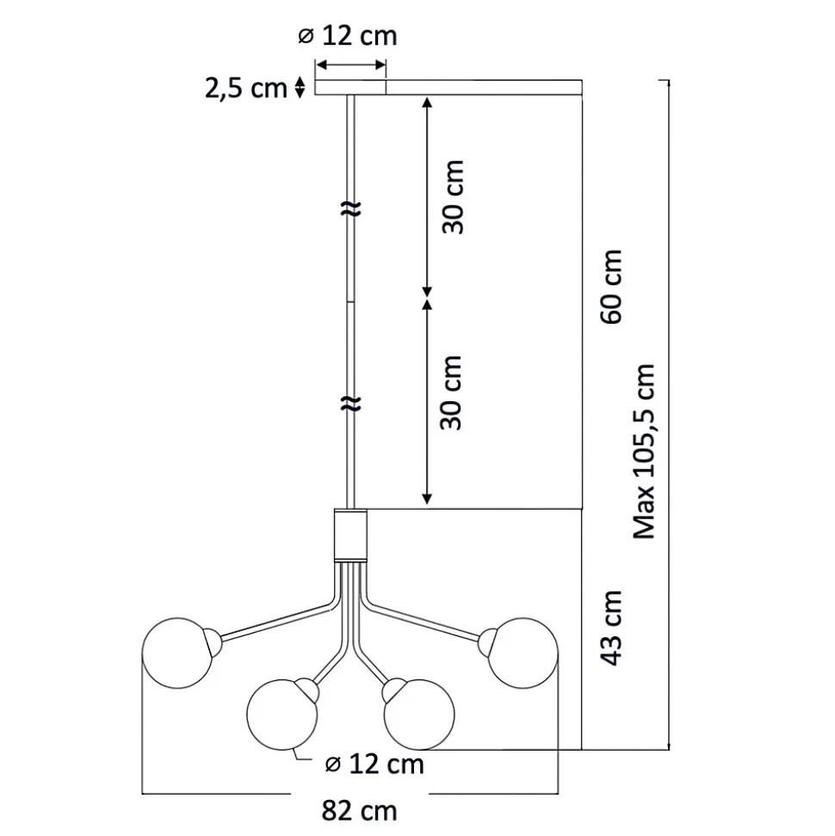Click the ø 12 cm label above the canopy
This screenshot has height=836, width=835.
[348, 36]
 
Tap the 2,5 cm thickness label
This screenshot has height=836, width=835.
[246, 88]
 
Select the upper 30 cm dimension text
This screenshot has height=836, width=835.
[454, 197]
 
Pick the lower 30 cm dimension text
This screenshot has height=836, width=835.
[451, 393]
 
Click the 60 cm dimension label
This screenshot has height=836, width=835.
[611, 287]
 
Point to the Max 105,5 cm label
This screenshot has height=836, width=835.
[643, 452]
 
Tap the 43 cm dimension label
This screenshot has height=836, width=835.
[611, 628]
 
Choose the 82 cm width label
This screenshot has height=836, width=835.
[359, 811]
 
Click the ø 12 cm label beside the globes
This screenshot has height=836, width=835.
[374, 764]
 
